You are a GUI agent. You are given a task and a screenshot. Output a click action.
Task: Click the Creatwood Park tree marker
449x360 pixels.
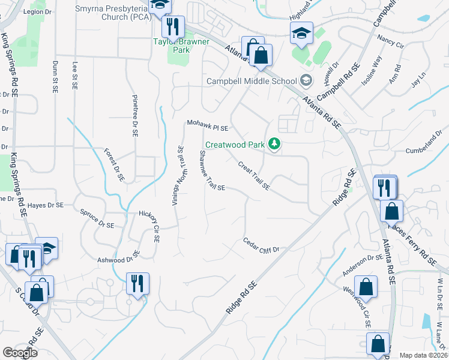(274, 144)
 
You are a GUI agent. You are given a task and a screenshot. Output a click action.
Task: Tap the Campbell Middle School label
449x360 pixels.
(252, 81)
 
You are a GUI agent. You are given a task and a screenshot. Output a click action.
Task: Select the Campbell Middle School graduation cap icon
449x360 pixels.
(306, 80)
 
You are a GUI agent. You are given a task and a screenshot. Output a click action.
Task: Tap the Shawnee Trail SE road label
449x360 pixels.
(211, 170)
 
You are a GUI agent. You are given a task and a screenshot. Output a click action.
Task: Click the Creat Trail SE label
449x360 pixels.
(253, 176)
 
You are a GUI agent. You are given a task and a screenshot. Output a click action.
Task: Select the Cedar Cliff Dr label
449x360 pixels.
(262, 245)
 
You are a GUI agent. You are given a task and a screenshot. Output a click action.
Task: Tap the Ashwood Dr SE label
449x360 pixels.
(118, 259)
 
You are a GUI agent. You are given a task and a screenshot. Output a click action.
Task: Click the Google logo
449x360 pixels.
(20, 353)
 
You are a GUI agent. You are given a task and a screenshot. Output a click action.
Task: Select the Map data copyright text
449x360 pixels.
(424, 355)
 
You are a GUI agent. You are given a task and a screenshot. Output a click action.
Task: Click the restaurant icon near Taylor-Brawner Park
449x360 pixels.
(173, 27)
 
